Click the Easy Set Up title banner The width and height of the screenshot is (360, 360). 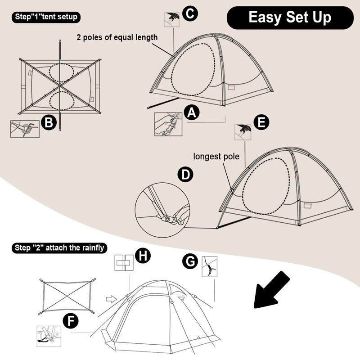click(290, 18)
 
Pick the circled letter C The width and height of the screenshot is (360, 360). click(190, 13)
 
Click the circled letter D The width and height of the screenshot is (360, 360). click(185, 175)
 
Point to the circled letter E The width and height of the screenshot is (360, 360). click(261, 121)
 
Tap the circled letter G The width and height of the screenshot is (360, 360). click(190, 261)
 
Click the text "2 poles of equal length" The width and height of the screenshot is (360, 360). click(117, 37)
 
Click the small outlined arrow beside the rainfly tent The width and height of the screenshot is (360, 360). click(111, 298)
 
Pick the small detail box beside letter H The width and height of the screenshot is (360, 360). click(122, 263)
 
